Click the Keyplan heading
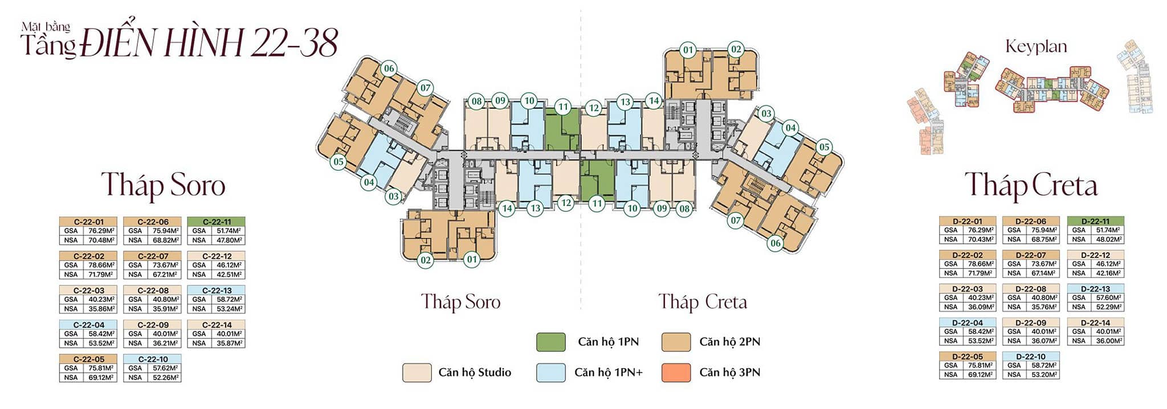(x=1036, y=47)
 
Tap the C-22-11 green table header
(x=217, y=222)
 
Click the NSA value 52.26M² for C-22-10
(x=166, y=377)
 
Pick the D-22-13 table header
(x=1095, y=289)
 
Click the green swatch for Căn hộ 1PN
(x=551, y=342)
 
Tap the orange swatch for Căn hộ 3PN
(x=676, y=373)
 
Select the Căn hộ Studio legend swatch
(x=417, y=373)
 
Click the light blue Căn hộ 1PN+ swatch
(x=551, y=373)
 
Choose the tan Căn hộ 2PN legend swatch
(x=676, y=342)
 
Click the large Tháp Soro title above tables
(x=163, y=185)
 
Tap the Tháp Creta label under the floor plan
(x=703, y=301)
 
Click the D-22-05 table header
(x=968, y=357)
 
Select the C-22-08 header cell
(x=153, y=291)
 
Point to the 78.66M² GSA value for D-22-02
(x=980, y=264)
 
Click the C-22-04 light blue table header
(x=88, y=325)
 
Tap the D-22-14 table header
(x=1095, y=322)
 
